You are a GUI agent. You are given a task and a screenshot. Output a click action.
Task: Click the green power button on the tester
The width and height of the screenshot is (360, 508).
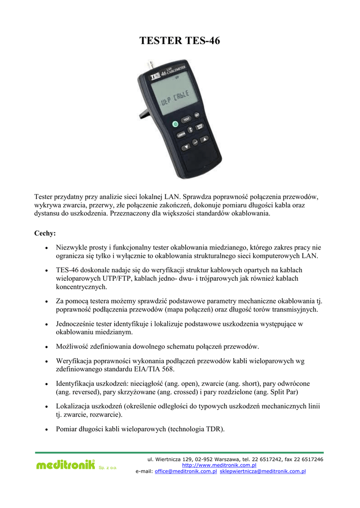click(175, 125)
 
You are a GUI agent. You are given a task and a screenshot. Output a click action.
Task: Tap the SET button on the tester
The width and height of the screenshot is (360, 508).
click(197, 115)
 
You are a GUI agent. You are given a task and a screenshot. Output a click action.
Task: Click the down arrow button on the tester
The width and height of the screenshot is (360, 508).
click(186, 147)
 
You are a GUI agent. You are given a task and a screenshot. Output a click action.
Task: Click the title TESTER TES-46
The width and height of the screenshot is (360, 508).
click(180, 41)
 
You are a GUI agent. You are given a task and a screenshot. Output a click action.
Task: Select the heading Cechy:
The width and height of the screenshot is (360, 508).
click(45, 233)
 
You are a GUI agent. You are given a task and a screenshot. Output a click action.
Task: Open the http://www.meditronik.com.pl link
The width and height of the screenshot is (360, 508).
click(219, 465)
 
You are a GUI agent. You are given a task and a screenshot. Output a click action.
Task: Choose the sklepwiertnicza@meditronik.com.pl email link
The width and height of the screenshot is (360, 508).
click(263, 471)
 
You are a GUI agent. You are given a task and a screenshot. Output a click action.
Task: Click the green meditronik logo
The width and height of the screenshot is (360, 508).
click(65, 465)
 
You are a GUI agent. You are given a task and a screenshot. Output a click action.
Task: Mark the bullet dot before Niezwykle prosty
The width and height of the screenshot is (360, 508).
click(46, 247)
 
